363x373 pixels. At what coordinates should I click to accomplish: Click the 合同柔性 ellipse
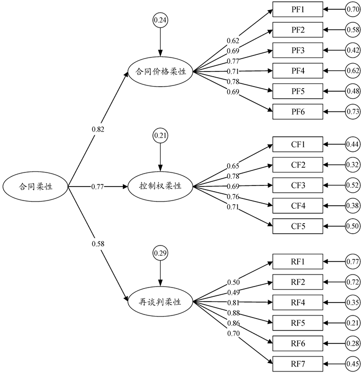[36, 186]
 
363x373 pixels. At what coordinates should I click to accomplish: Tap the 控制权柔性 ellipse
[160, 186]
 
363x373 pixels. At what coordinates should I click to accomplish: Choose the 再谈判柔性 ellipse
[160, 302]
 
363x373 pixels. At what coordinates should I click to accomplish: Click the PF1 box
[297, 10]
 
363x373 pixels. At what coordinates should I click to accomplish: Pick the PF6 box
[297, 111]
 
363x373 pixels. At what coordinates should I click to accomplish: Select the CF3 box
[297, 185]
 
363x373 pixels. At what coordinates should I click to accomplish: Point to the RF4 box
[297, 302]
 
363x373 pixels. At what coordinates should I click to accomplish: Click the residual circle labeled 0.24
[160, 20]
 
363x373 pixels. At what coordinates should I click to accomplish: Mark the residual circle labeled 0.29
[160, 253]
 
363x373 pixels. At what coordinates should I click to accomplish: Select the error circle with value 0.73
[353, 111]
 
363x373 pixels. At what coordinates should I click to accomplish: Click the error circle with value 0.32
[353, 165]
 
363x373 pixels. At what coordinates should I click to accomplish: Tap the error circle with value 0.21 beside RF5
[353, 322]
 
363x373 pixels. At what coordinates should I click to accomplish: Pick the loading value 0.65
[233, 166]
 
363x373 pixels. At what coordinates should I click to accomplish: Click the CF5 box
[297, 226]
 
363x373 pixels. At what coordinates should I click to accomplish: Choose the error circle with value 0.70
[353, 10]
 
